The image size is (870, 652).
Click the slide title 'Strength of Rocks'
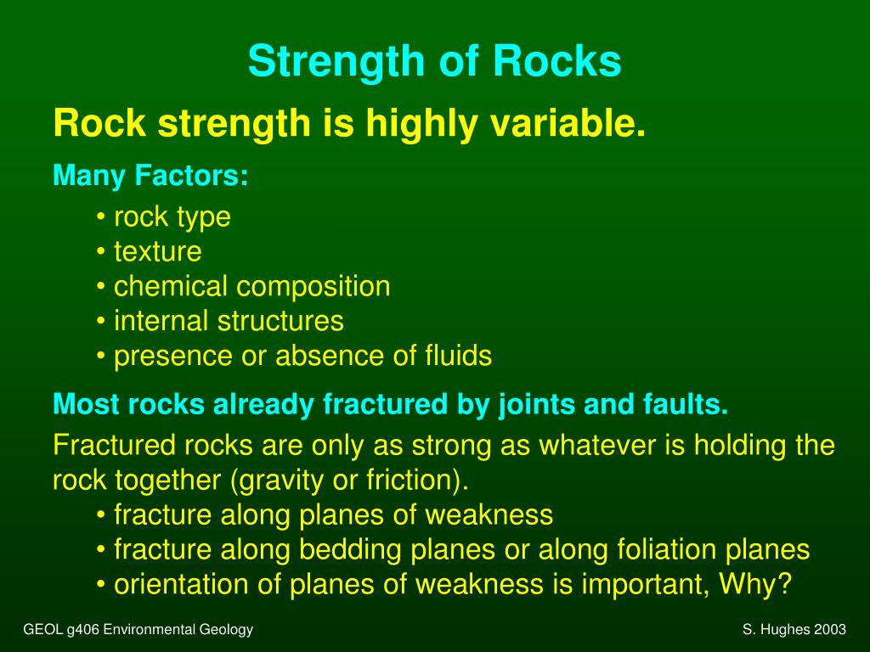click(x=434, y=62)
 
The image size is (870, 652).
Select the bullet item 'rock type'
click(x=172, y=216)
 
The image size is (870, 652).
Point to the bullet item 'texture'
click(x=157, y=251)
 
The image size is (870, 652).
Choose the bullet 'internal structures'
click(x=229, y=321)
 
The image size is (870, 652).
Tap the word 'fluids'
click(x=458, y=356)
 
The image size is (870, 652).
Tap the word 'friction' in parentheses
click(x=410, y=481)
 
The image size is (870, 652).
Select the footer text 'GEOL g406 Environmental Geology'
click(x=138, y=629)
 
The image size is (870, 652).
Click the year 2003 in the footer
click(x=829, y=629)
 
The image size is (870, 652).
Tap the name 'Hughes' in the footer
click(x=782, y=629)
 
